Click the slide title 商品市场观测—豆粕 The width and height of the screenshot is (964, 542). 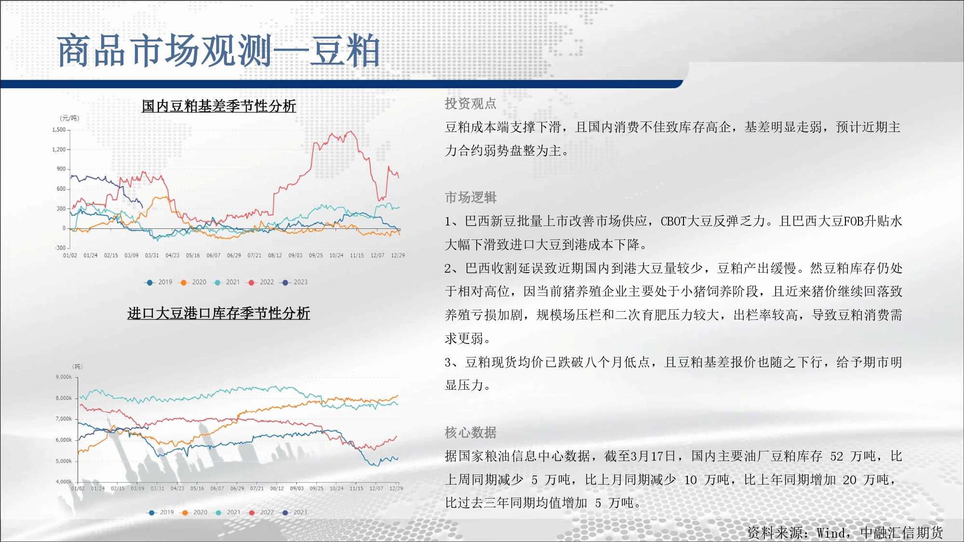pos(218,51)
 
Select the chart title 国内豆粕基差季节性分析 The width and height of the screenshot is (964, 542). pos(219,106)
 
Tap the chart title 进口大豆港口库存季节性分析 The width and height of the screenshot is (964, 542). pos(218,313)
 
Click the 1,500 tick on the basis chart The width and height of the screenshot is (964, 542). pos(59,130)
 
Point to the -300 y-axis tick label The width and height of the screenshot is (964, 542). pos(60,248)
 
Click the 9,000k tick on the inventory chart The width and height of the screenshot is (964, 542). pos(64,377)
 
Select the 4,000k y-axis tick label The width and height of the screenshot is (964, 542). pos(64,482)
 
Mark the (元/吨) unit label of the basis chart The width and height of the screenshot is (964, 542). pos(69,118)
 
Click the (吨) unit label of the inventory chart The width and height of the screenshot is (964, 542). pos(78,367)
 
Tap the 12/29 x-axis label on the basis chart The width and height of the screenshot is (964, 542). pos(398,255)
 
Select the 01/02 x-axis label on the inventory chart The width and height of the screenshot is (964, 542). pos(78,489)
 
